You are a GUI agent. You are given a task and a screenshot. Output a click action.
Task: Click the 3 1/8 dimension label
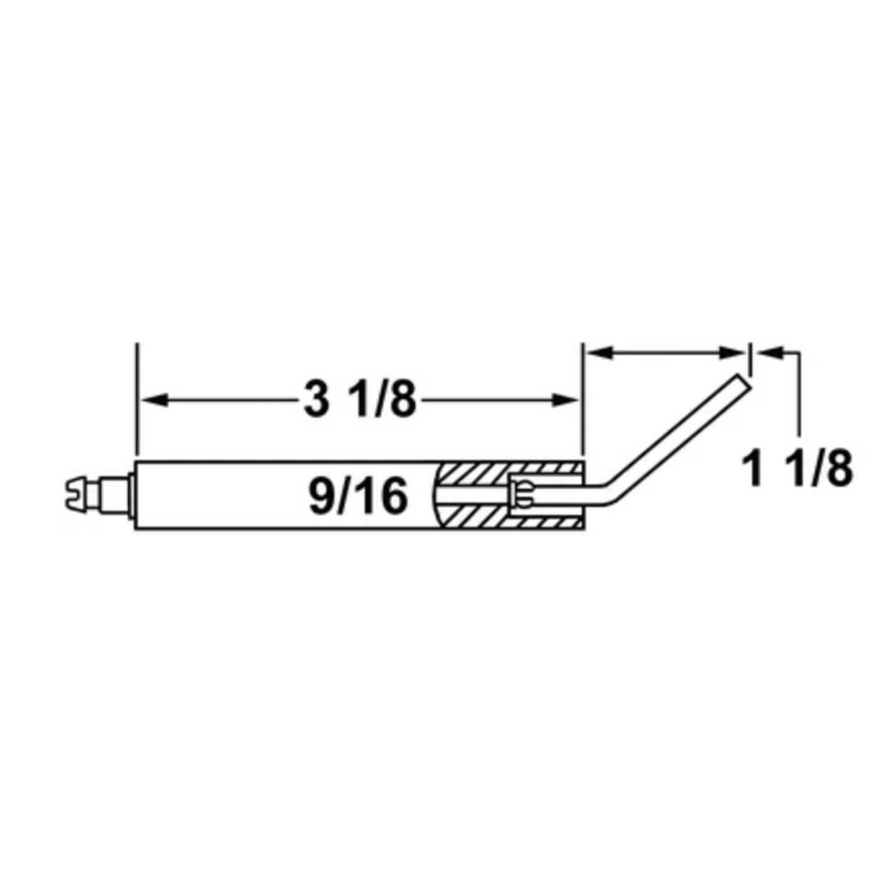coord(360,399)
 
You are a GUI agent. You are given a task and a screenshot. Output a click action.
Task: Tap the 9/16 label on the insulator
coord(358,496)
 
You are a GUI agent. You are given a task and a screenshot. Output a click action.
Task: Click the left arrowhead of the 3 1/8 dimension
coord(153,400)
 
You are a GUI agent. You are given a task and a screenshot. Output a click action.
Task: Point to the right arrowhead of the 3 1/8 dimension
coord(567,400)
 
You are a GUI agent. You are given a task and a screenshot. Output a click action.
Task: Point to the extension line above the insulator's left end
coord(137,397)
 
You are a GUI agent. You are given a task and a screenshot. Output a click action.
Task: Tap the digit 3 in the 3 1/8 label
coord(316,399)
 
